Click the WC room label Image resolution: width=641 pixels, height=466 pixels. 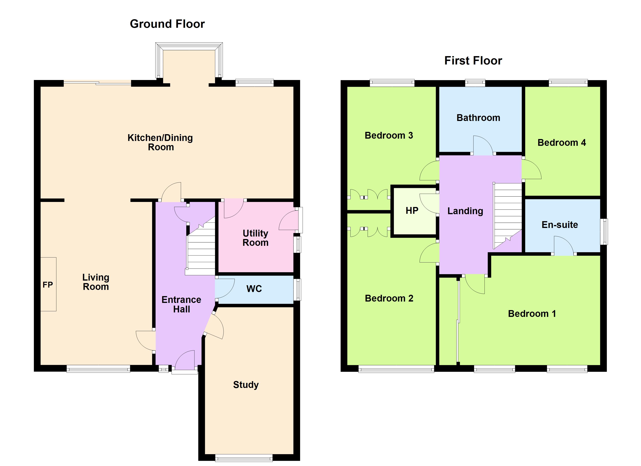pyautogui.click(x=254, y=289)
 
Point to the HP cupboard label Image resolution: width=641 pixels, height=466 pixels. pyautogui.click(x=412, y=210)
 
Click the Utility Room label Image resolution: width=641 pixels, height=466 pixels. pyautogui.click(x=255, y=238)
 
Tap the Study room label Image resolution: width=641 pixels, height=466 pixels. pyautogui.click(x=246, y=385)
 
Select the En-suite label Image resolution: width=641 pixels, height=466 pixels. pyautogui.click(x=560, y=225)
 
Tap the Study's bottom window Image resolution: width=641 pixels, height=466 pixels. pyautogui.click(x=244, y=458)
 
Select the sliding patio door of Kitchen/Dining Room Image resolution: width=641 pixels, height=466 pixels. pyautogui.click(x=97, y=83)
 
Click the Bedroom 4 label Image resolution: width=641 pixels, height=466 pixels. pyautogui.click(x=561, y=143)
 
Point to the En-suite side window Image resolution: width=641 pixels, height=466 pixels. pyautogui.click(x=604, y=231)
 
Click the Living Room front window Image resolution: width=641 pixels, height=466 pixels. pyautogui.click(x=98, y=369)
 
